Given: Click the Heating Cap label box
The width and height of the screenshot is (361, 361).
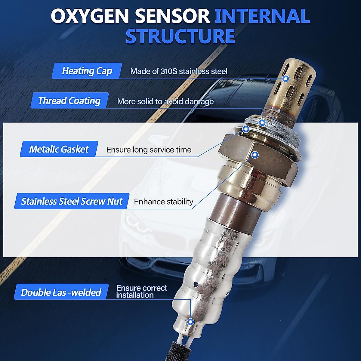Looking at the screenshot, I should pos(87,71).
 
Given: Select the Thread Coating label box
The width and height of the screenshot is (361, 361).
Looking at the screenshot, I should pos(69,101).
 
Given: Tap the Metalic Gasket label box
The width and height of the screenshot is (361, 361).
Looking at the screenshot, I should pos(59,149).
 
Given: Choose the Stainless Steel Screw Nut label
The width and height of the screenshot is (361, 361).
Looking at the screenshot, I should pos(72,201).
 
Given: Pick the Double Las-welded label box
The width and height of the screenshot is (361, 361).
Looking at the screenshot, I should pos(61,292).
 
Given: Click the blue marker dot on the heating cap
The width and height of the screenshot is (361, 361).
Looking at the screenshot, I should pos(286,79).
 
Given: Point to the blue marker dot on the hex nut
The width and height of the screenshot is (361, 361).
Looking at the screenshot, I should pos(255,155).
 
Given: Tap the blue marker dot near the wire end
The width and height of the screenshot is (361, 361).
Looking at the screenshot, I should pos(190,322).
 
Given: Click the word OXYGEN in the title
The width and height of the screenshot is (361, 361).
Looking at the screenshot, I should pos(90,16).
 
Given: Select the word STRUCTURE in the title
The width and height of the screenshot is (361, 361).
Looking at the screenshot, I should pos(180,36).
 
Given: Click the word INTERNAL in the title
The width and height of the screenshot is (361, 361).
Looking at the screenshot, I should pos(262,16).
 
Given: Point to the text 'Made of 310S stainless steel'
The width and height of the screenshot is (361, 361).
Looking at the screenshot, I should pos(179,71).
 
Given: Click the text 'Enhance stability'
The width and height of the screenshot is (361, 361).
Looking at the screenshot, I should pos(163,202).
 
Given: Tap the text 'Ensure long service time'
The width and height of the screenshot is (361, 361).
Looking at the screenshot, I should pos(149,150).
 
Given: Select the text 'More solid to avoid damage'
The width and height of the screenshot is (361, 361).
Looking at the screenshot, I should pos(165,102).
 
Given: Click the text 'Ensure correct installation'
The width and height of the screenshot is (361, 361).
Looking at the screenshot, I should pos(141,292).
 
